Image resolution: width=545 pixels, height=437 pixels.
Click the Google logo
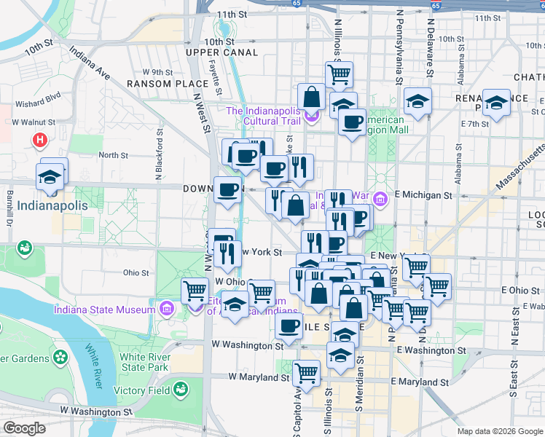(x=24, y=428)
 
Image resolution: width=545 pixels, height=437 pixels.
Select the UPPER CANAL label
(x=221, y=52)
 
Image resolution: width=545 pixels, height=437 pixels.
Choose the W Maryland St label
(x=259, y=377)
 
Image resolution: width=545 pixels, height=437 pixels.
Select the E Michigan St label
(x=423, y=195)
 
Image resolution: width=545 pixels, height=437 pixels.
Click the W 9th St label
(x=157, y=72)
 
